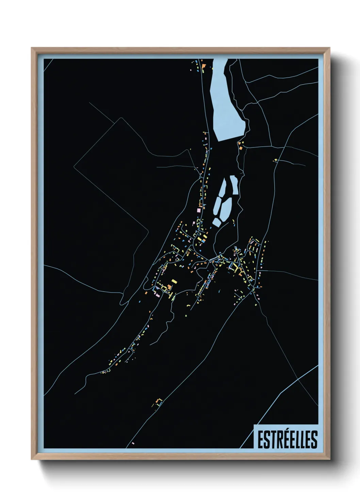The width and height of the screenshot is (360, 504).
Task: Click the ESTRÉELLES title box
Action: (286, 436)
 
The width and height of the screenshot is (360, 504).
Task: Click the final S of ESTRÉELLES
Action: (314, 440)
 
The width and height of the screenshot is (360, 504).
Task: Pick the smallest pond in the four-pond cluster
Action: (216, 222)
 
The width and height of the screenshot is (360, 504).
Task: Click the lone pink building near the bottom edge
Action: (133, 443)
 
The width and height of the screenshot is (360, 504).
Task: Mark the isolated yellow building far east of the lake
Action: (275, 160)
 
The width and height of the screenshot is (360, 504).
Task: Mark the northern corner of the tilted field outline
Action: (121, 118)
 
